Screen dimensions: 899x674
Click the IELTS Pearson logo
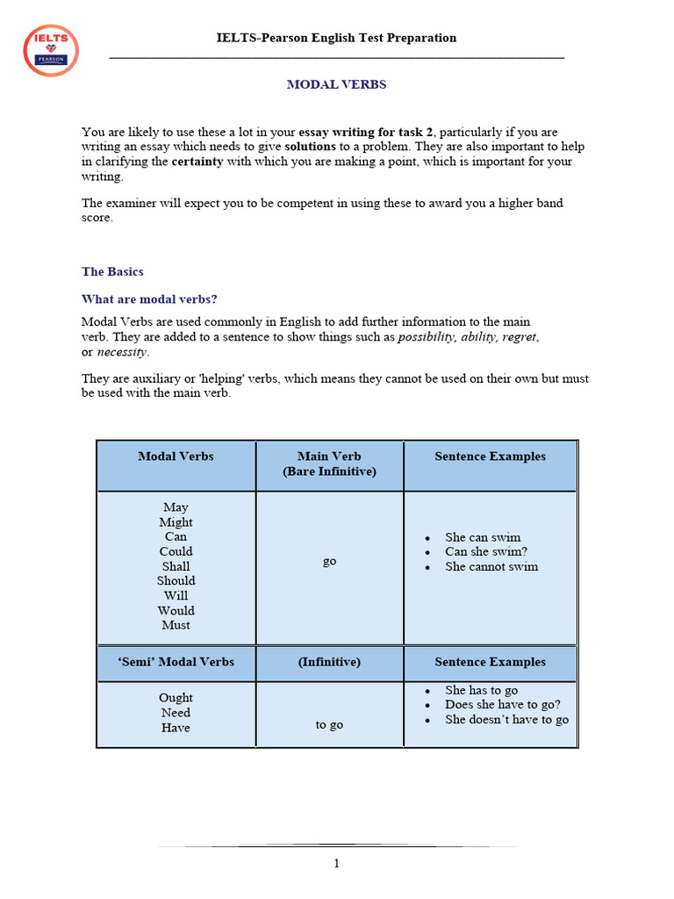(x=51, y=50)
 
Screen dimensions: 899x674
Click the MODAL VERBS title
(x=337, y=85)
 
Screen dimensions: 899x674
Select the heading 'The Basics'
(x=112, y=272)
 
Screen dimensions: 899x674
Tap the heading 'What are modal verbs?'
(x=149, y=299)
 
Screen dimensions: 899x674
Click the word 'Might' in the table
(x=176, y=522)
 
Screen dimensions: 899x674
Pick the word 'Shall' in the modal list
(x=176, y=566)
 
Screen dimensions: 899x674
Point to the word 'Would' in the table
(x=176, y=611)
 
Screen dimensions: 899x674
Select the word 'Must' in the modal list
(x=176, y=626)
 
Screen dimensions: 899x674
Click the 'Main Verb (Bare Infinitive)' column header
(x=329, y=464)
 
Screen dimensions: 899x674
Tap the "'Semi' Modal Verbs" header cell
(x=176, y=662)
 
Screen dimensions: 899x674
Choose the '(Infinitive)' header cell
(x=329, y=662)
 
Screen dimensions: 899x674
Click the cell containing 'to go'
(x=329, y=725)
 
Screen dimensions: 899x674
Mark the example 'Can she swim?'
(x=486, y=552)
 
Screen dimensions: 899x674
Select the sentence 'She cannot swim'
(x=491, y=567)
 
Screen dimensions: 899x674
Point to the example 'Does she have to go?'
(x=503, y=705)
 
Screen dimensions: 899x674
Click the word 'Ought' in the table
(x=176, y=699)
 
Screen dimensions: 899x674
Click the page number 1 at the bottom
(x=336, y=864)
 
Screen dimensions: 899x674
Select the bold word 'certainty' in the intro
(x=197, y=162)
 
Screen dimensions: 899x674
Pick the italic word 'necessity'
(x=122, y=352)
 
